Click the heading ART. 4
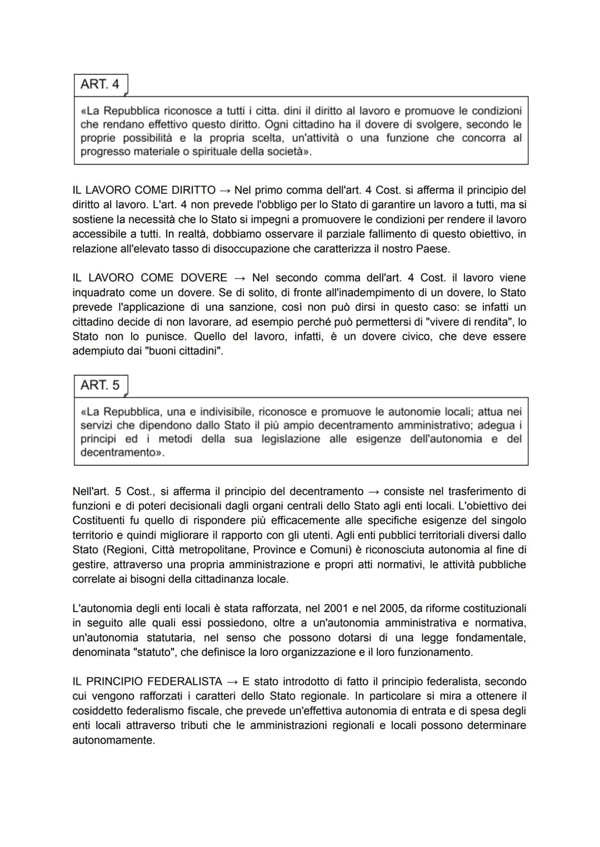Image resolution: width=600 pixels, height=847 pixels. point(100,84)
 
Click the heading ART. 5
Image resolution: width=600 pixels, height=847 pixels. point(100,385)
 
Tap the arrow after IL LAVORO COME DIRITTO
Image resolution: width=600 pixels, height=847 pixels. point(225,191)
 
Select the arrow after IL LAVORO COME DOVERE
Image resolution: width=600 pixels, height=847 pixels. point(239,278)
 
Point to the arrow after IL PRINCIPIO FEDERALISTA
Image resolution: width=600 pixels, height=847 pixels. point(232,681)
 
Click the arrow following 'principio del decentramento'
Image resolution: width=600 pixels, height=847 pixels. point(373,492)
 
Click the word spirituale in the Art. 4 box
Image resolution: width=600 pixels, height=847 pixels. point(215,152)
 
